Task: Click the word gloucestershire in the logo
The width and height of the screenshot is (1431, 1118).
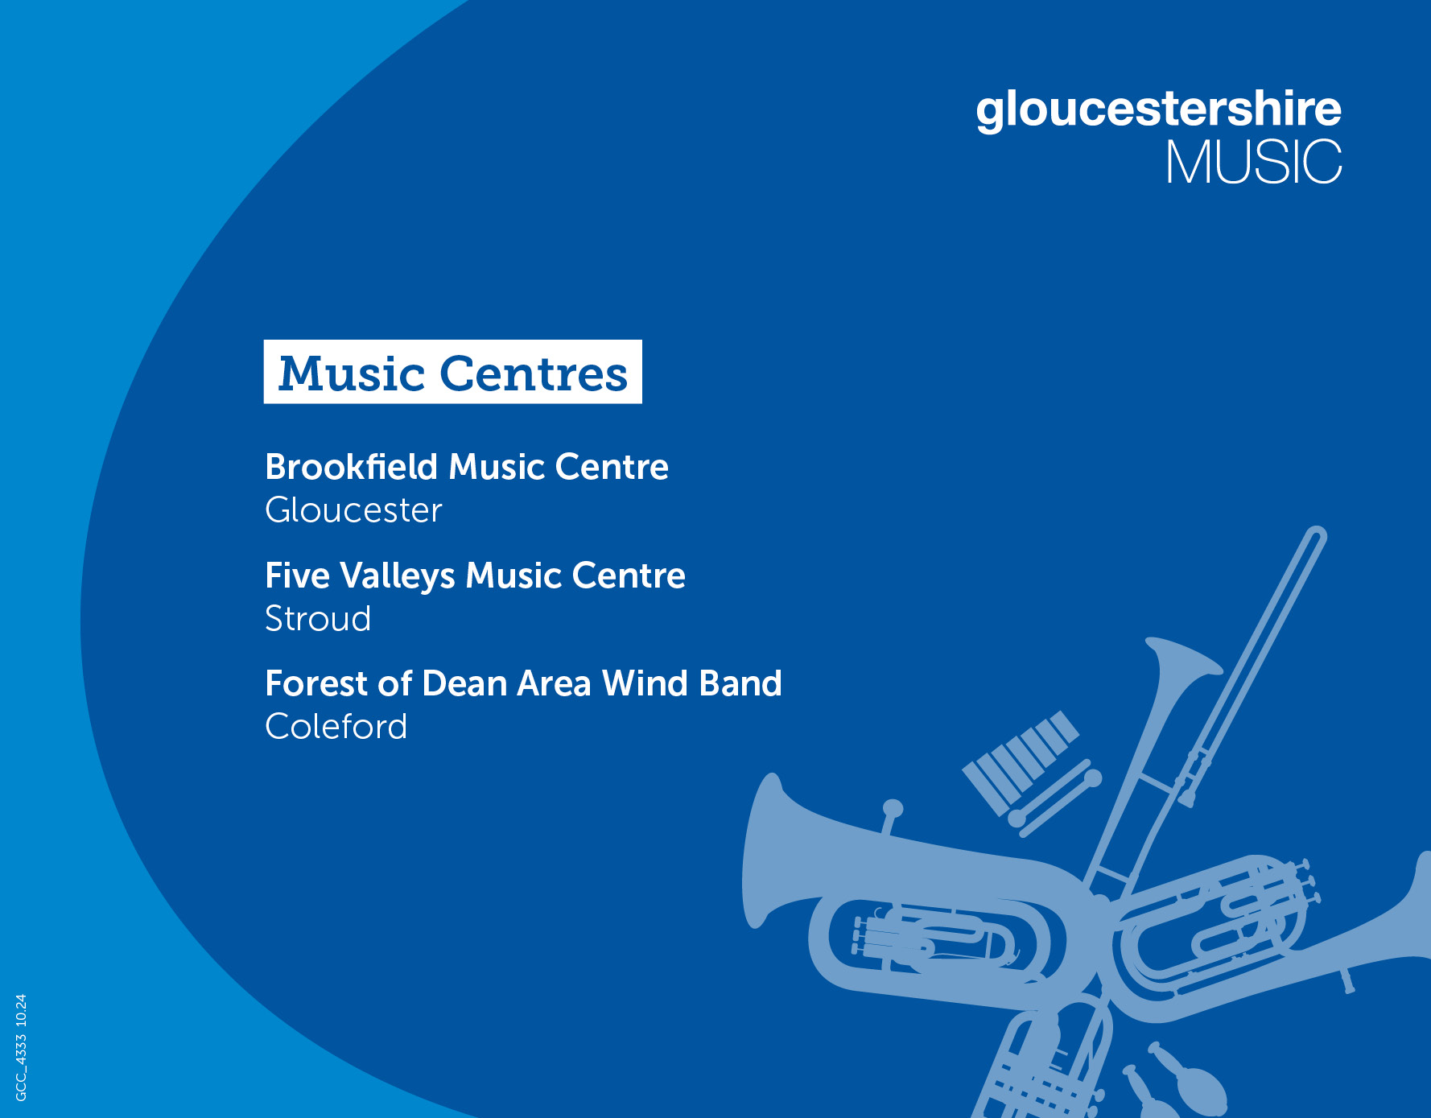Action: pos(1158,110)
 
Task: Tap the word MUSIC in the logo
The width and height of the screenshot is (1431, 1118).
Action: pos(1254,162)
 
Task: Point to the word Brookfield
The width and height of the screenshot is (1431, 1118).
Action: pos(351,467)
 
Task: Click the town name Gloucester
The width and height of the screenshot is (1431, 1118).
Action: pos(354,510)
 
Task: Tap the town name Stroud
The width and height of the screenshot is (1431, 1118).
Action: pos(318,619)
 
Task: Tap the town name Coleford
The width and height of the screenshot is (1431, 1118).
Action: pos(336,727)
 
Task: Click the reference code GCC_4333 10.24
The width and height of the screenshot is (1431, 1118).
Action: pos(21,1047)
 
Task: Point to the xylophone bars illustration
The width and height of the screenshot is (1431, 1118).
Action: pos(1021,761)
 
